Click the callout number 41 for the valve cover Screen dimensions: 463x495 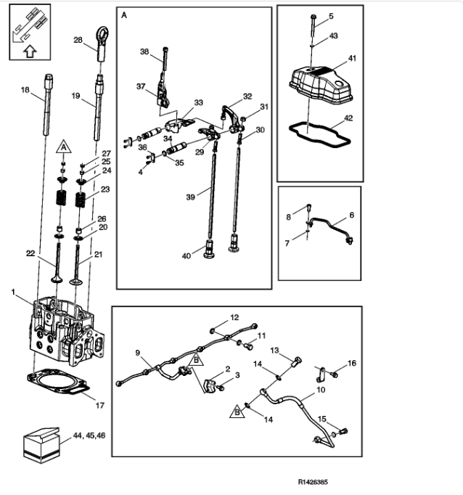[x=352, y=58]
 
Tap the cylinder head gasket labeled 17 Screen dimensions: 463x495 [x=58, y=381]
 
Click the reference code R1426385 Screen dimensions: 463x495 [x=313, y=482]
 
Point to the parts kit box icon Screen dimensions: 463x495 [x=41, y=445]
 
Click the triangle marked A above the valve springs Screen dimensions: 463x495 [x=63, y=147]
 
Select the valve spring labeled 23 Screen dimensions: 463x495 [x=81, y=200]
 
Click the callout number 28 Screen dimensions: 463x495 [x=78, y=40]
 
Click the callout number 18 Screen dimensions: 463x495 [x=25, y=90]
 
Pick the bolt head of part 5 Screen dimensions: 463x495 [x=313, y=17]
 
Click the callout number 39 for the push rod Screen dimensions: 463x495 [x=190, y=197]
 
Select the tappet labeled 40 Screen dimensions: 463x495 [x=209, y=250]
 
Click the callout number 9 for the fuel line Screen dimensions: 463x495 [x=138, y=353]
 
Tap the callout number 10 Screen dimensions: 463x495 [x=321, y=390]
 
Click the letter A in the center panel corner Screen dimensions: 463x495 [x=124, y=15]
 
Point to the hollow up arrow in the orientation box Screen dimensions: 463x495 [x=30, y=52]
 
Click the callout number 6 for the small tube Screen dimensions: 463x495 [x=351, y=215]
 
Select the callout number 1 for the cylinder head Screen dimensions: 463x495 [x=13, y=292]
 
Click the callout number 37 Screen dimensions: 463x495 [x=141, y=86]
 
